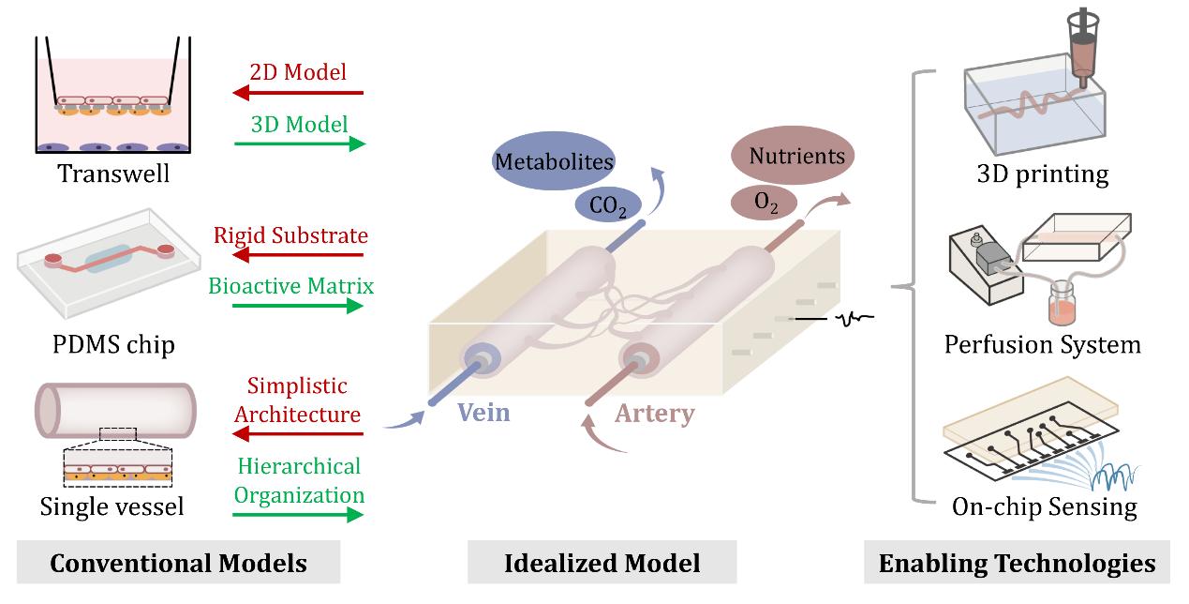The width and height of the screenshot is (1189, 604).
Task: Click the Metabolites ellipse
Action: [x=554, y=161]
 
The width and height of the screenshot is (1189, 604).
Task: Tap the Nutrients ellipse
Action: [x=793, y=155]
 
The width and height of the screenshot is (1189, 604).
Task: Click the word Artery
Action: [x=654, y=413]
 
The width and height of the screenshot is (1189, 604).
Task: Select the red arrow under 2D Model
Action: [x=298, y=93]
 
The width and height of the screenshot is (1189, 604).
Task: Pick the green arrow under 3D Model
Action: [x=298, y=143]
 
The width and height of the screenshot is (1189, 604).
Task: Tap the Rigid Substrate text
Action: [x=290, y=234]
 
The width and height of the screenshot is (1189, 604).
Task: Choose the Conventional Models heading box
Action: [x=178, y=563]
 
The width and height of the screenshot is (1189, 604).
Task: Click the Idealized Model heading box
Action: [x=602, y=563]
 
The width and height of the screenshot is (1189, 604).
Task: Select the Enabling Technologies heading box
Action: [x=1017, y=563]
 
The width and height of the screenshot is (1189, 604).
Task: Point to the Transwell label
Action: [x=113, y=174]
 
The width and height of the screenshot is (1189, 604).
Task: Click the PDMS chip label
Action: [x=114, y=345]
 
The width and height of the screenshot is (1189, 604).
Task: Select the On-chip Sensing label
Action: [x=1044, y=507]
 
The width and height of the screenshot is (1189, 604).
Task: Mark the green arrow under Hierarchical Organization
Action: [x=298, y=514]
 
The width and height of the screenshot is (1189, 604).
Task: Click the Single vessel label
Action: [x=111, y=507]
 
